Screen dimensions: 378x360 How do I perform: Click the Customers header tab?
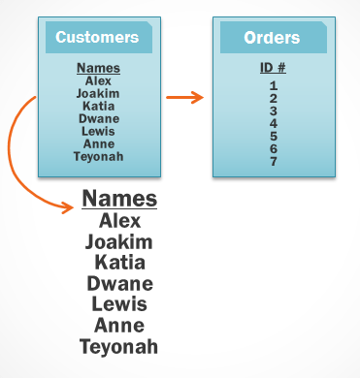pos(97,38)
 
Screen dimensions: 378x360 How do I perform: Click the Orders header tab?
pos(271,38)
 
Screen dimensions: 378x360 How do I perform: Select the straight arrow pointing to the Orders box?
pos(184,97)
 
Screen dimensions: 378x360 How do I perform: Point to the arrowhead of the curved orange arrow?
pos(74,206)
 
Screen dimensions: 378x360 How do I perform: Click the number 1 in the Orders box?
pos(274,85)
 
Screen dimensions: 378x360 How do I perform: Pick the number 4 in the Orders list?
pos(274,123)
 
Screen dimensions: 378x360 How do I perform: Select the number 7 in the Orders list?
pos(274,161)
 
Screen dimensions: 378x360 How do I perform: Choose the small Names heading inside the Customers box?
pos(98,68)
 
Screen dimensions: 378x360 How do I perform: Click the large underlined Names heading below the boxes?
pos(119,200)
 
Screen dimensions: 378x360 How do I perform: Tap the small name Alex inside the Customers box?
pos(98,81)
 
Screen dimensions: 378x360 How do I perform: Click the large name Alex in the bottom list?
pos(119,221)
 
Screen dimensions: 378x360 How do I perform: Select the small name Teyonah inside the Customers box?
pos(98,156)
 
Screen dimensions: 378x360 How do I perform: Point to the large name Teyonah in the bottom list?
pos(119,346)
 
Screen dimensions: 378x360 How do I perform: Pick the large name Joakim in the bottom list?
pos(119,241)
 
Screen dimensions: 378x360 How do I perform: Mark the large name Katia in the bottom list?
pos(119,263)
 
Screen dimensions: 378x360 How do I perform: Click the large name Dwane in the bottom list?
pos(119,284)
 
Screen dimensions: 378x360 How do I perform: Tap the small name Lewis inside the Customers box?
pos(98,131)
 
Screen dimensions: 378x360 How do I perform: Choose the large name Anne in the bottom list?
pos(119,326)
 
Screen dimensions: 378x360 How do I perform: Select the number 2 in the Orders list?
pos(274,98)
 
